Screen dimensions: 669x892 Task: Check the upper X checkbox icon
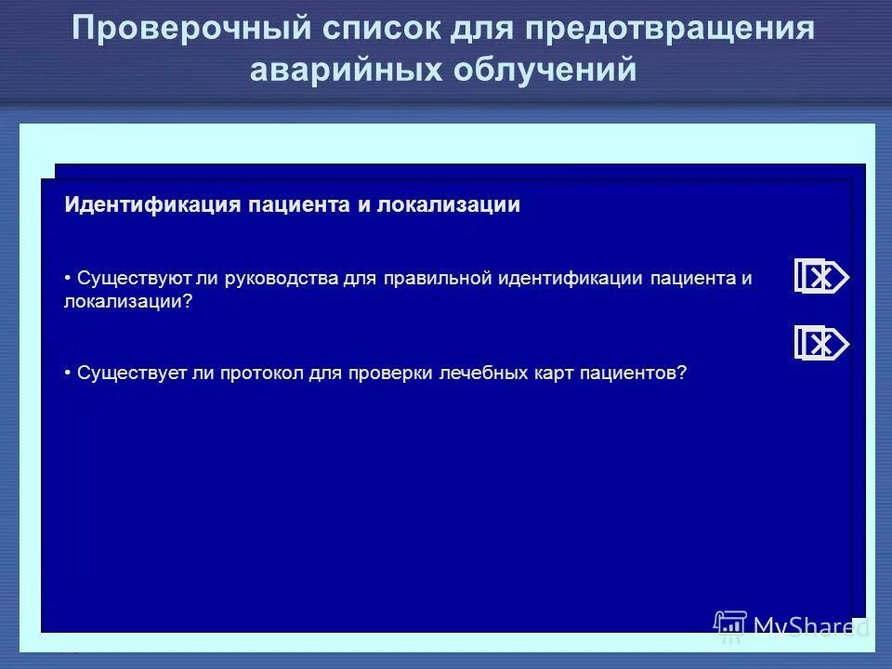coord(820,277)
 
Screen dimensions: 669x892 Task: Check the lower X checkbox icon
coord(820,344)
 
